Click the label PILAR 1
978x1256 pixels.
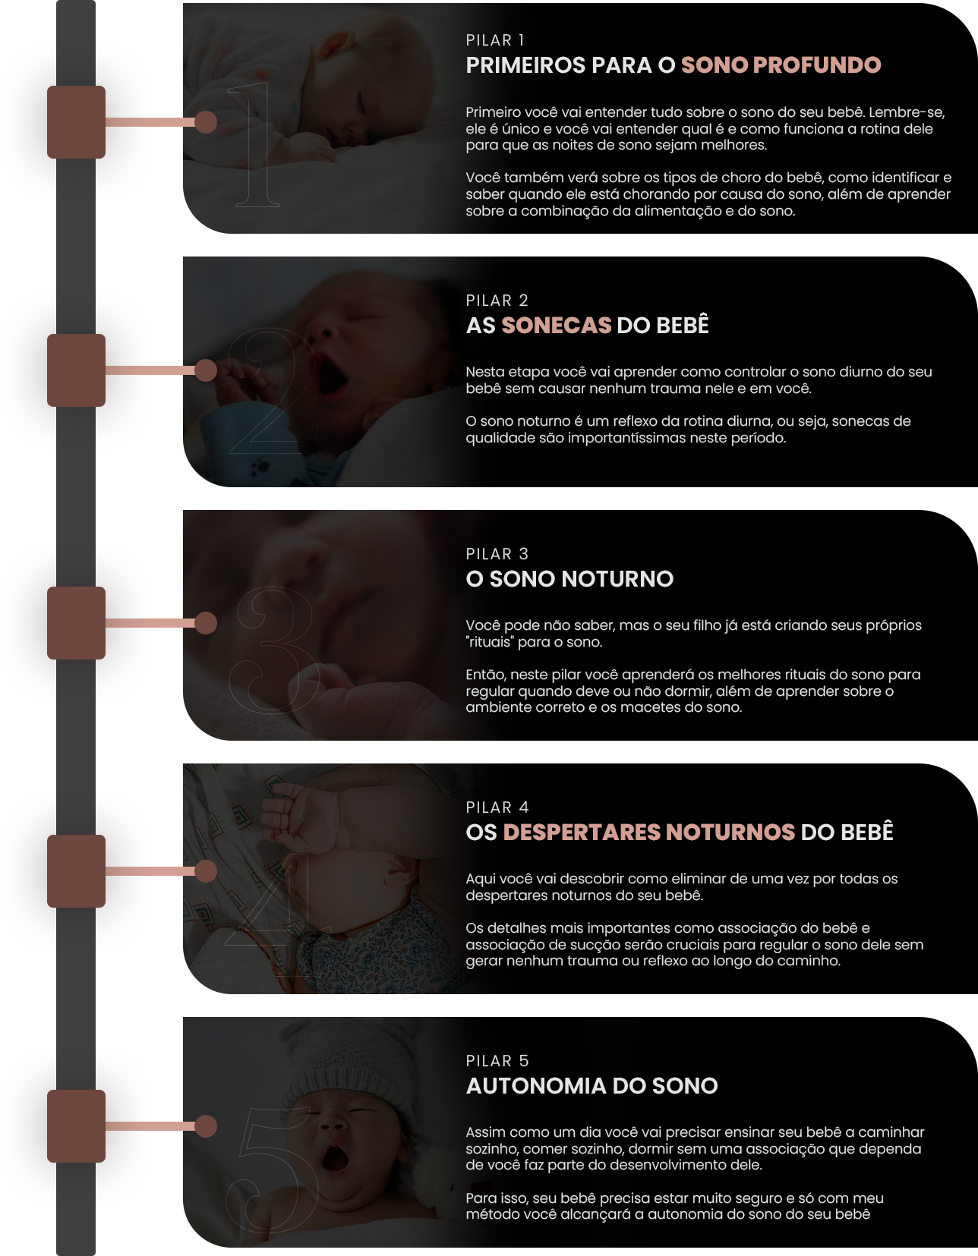coord(494,40)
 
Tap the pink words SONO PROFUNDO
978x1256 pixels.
coord(781,65)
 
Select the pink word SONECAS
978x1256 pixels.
coord(557,326)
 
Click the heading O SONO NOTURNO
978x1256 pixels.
coord(569,578)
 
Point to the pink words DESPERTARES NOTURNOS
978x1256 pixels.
coord(649,833)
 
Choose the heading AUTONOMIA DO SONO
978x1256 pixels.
coord(592,1085)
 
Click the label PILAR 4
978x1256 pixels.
coord(497,807)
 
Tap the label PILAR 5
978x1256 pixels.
coord(497,1061)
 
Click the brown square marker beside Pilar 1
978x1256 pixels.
coord(77,122)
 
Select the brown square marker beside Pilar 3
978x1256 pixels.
coord(77,623)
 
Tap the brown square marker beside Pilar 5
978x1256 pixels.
coord(77,1126)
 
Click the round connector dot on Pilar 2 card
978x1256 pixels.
coord(205,370)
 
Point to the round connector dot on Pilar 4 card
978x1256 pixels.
coord(205,871)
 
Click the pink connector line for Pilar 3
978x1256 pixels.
coord(150,623)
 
